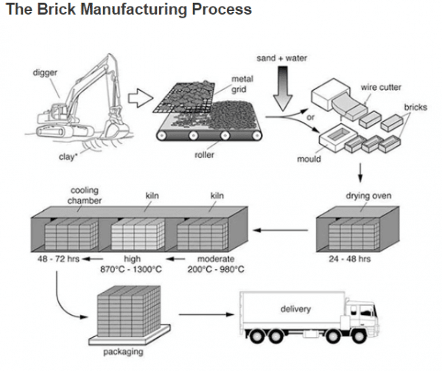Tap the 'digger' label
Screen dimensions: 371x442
pyautogui.click(x=45, y=73)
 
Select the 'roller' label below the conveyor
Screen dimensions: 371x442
pyautogui.click(x=204, y=156)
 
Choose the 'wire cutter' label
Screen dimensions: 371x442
pyautogui.click(x=381, y=88)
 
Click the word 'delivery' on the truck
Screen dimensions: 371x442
pyautogui.click(x=296, y=309)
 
